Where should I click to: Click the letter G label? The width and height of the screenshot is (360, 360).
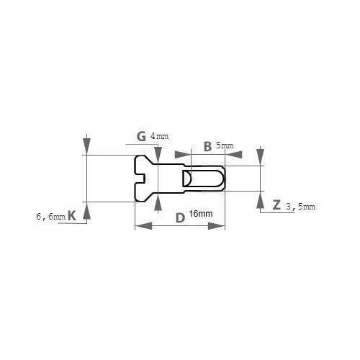(141, 137)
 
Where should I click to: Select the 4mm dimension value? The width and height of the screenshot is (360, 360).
(159, 136)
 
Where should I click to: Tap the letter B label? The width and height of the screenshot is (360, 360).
(207, 147)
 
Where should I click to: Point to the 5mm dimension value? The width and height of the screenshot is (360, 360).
(225, 145)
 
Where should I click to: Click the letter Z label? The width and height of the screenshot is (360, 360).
(276, 205)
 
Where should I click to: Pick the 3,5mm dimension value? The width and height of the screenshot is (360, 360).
(300, 207)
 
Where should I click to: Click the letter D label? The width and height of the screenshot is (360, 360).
(180, 218)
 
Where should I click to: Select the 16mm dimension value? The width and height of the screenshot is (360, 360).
(201, 214)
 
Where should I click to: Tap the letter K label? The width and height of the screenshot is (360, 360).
(72, 215)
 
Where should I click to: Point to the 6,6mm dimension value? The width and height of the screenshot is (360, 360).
(51, 217)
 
